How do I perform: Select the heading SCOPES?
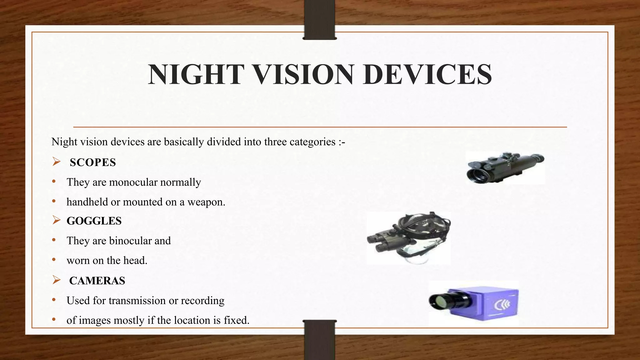(93, 162)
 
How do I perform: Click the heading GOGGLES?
(94, 221)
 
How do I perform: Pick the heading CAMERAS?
(97, 281)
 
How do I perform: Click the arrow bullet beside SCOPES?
(56, 162)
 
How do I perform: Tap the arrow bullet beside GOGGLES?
(56, 220)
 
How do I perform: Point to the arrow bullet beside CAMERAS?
(56, 280)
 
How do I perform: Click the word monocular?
(133, 182)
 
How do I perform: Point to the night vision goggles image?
(409, 237)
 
